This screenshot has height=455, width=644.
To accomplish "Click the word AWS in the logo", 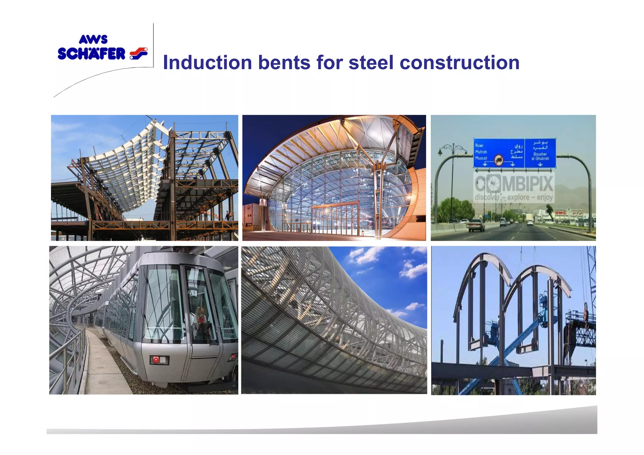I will click(x=93, y=40).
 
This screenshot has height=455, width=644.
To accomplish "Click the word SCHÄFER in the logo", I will click(x=92, y=54).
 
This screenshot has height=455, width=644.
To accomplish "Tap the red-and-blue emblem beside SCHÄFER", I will click(x=139, y=53).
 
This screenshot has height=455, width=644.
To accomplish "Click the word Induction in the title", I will click(x=208, y=63).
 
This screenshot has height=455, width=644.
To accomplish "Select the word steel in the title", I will click(x=371, y=63).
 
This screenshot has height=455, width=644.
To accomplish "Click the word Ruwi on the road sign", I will click(x=479, y=145).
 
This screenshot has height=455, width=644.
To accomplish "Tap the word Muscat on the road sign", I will click(x=481, y=158).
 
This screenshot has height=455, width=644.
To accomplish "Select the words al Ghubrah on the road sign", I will click(x=540, y=159).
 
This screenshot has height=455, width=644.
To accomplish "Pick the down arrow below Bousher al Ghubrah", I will click(x=540, y=164).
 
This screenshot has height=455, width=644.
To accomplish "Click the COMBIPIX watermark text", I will click(x=514, y=184).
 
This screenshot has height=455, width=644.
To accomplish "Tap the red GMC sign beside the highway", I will click(x=560, y=213).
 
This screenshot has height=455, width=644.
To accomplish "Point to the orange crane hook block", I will click(x=586, y=311).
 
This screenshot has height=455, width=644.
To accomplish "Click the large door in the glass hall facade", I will click(x=335, y=217).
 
